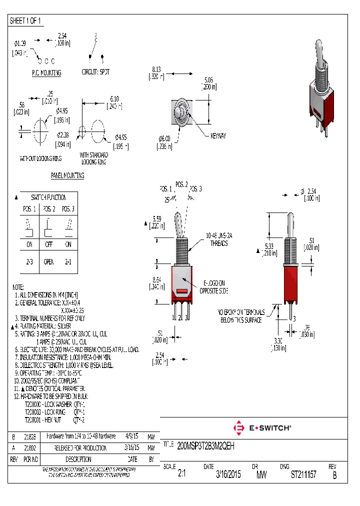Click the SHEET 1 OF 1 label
(25, 21)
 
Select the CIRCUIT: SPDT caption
(95, 71)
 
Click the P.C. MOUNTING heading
(46, 73)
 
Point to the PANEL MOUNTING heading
(67, 175)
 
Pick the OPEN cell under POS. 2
(49, 261)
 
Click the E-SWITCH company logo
(262, 428)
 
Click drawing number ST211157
(303, 474)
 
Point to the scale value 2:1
(182, 474)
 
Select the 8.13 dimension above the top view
(156, 69)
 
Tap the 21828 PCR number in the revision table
(30, 436)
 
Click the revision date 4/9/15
(132, 436)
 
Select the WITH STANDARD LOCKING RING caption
(93, 158)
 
